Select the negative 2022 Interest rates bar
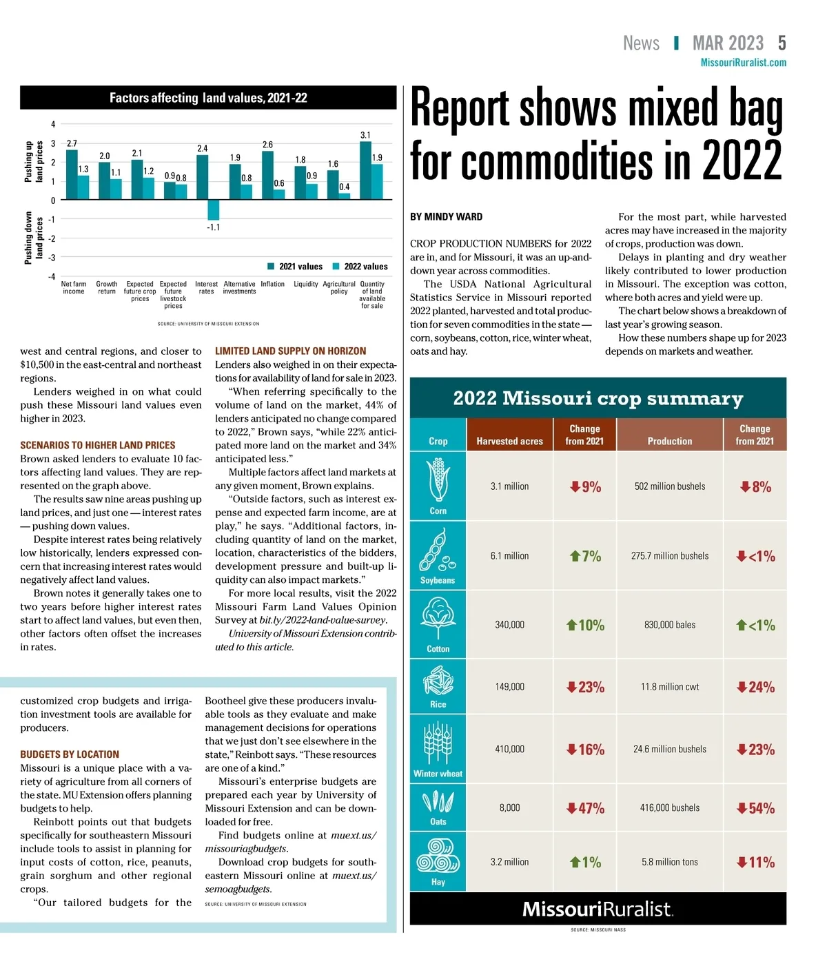click(x=214, y=210)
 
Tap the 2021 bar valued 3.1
click(x=365, y=171)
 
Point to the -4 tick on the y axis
click(x=52, y=276)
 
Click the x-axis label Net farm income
click(x=74, y=288)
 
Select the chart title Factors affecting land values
click(x=208, y=98)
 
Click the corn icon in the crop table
click(x=438, y=480)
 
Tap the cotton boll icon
click(x=438, y=617)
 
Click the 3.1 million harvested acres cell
click(x=509, y=486)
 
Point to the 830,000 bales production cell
click(x=669, y=625)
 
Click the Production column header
click(x=669, y=441)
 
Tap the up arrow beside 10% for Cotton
click(x=571, y=625)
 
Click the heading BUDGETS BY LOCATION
click(x=70, y=754)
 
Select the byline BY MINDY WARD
click(x=446, y=217)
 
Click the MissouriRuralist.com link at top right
click(x=743, y=63)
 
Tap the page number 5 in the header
click(x=782, y=43)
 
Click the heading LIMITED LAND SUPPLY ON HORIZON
click(x=290, y=351)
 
